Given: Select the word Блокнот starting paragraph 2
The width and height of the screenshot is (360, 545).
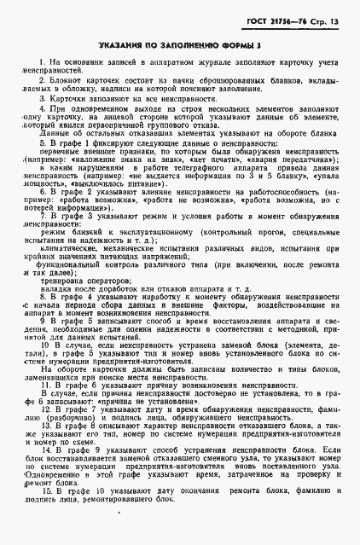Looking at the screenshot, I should click(x=66, y=78).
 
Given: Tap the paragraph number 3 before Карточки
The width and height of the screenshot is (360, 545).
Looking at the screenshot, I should click(x=43, y=99).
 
